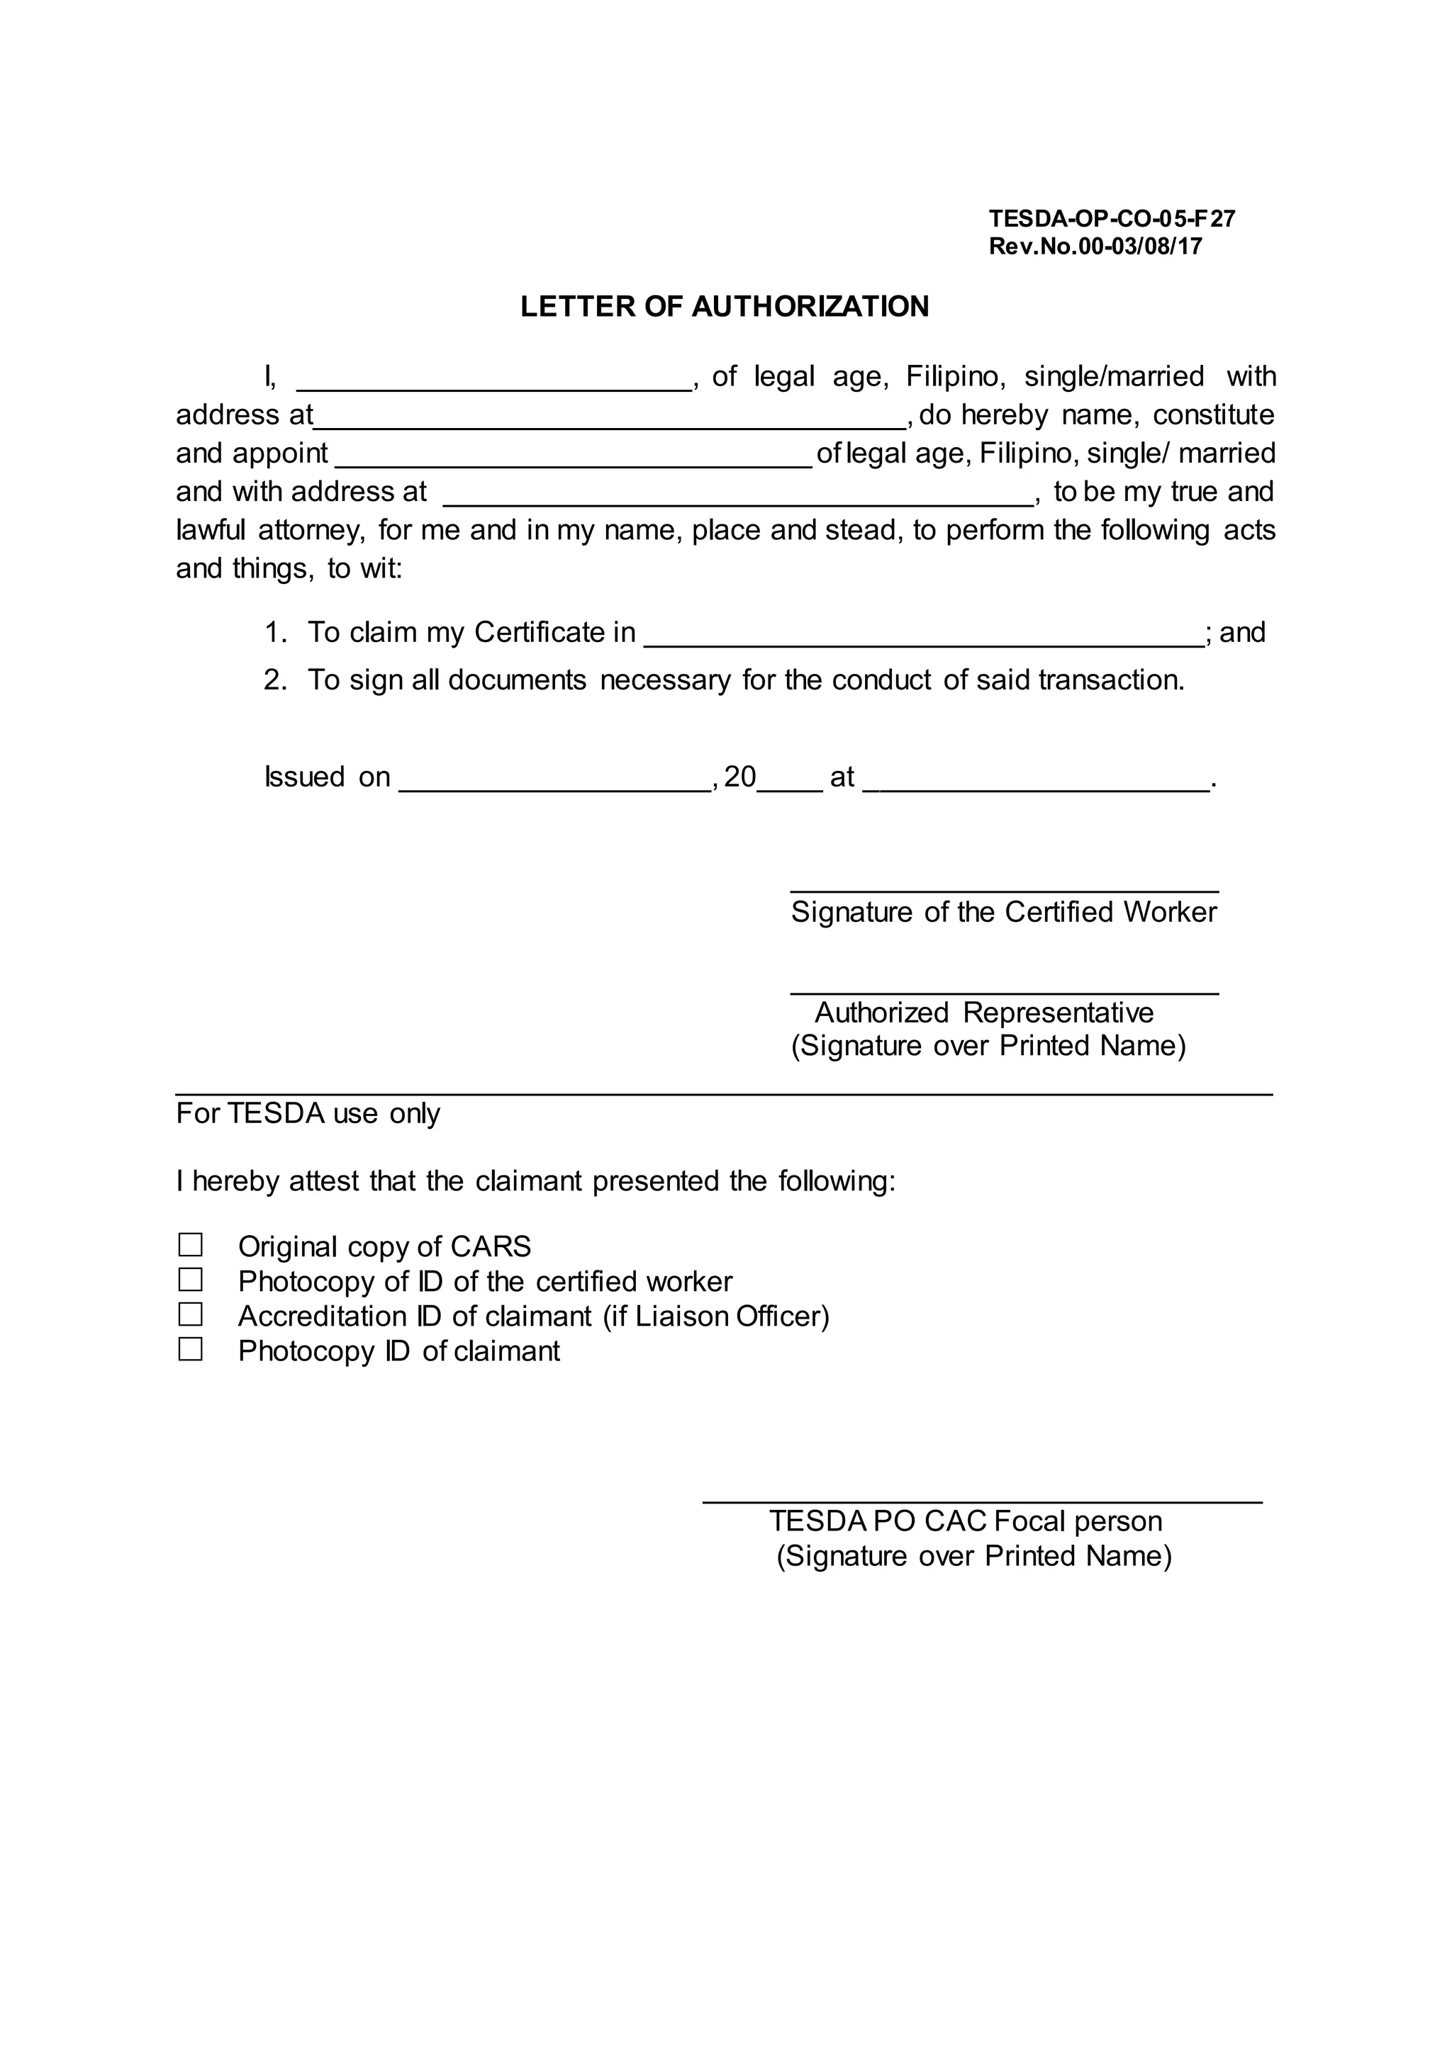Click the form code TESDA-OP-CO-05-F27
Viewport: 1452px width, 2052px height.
[1112, 218]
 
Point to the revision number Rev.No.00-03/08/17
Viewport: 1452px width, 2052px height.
[1095, 246]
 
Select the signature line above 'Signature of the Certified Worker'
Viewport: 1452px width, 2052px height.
[1003, 889]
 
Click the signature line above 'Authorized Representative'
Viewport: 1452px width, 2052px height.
[1003, 991]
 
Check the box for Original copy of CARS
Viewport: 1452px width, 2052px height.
[191, 1245]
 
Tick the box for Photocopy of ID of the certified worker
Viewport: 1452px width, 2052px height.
[191, 1280]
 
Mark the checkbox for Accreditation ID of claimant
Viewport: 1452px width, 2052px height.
[191, 1314]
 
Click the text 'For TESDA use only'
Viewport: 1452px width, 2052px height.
[308, 1114]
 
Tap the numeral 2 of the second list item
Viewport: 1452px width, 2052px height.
[273, 680]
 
